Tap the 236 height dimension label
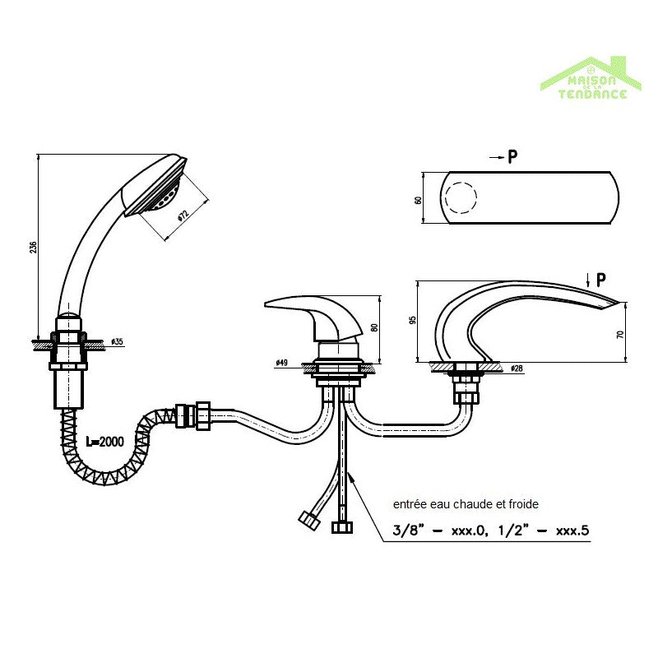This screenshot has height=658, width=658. pyautogui.click(x=33, y=247)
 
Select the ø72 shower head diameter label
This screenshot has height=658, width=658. pyautogui.click(x=183, y=215)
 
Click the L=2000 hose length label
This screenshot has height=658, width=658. pyautogui.click(x=104, y=442)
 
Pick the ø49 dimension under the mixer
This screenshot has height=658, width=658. pyautogui.click(x=281, y=363)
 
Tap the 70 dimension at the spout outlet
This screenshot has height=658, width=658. pyautogui.click(x=621, y=334)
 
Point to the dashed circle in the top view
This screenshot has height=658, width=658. pyautogui.click(x=460, y=198)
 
